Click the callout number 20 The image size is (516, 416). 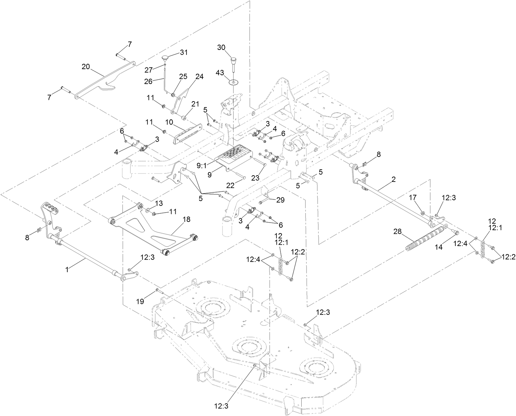pos(86,66)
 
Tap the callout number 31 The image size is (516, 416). pos(184,52)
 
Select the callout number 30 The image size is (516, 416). pos(221,47)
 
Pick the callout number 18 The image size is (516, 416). pos(187,219)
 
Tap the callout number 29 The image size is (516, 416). pos(280,200)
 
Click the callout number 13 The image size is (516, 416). pos(159,202)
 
